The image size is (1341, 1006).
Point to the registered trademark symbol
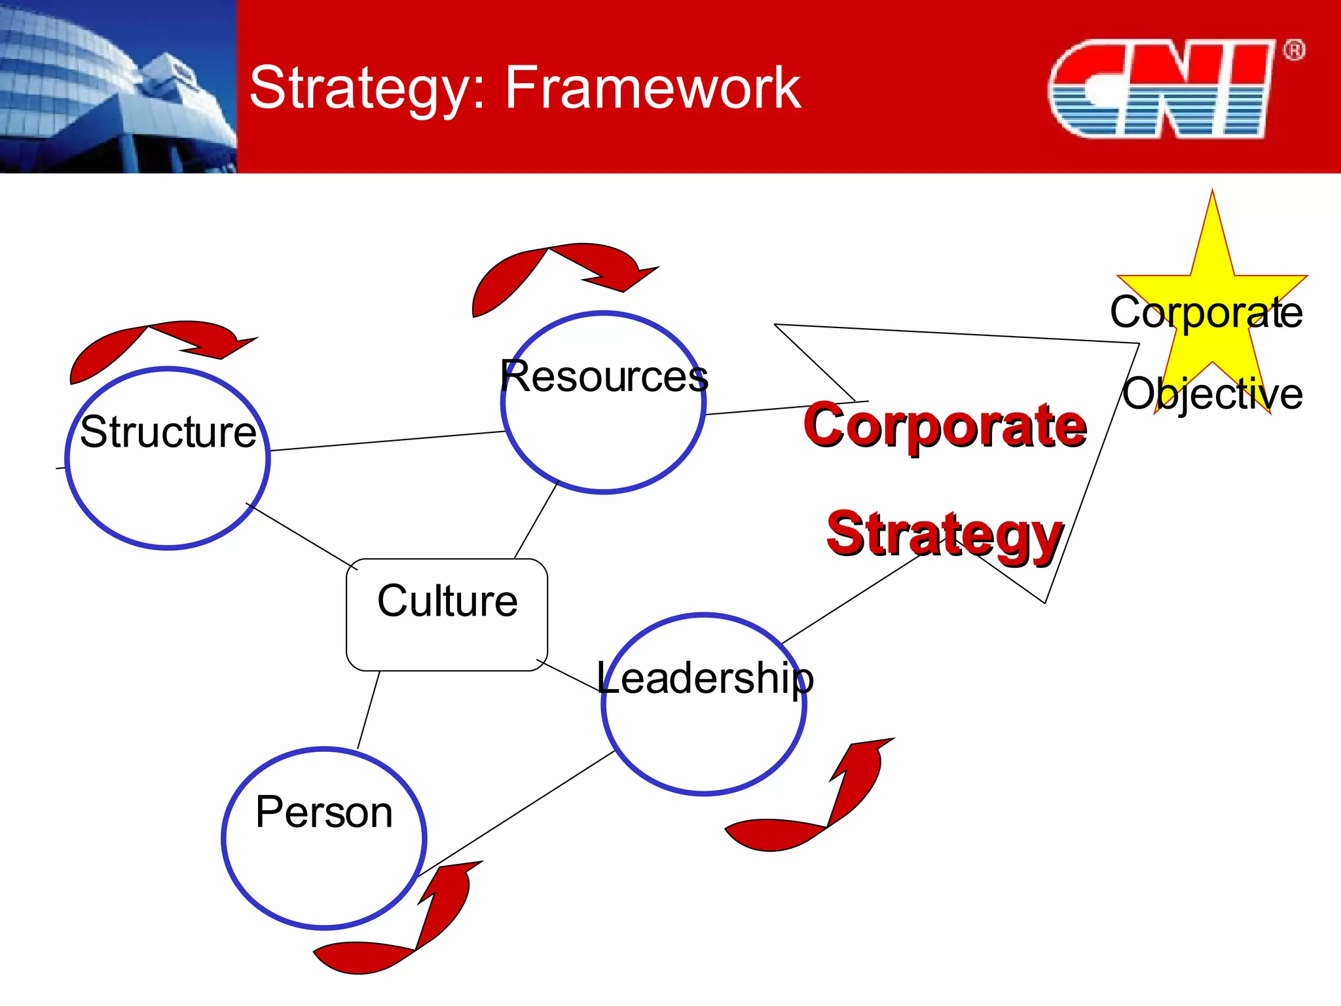point(1293,50)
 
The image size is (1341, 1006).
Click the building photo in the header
point(118,86)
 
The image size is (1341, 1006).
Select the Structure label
point(168,432)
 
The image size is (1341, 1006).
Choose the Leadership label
point(705,678)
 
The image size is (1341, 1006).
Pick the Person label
point(324,812)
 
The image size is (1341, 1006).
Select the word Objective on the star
point(1213,394)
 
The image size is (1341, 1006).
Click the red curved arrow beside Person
point(406,930)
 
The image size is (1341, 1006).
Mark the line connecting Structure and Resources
point(386,441)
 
